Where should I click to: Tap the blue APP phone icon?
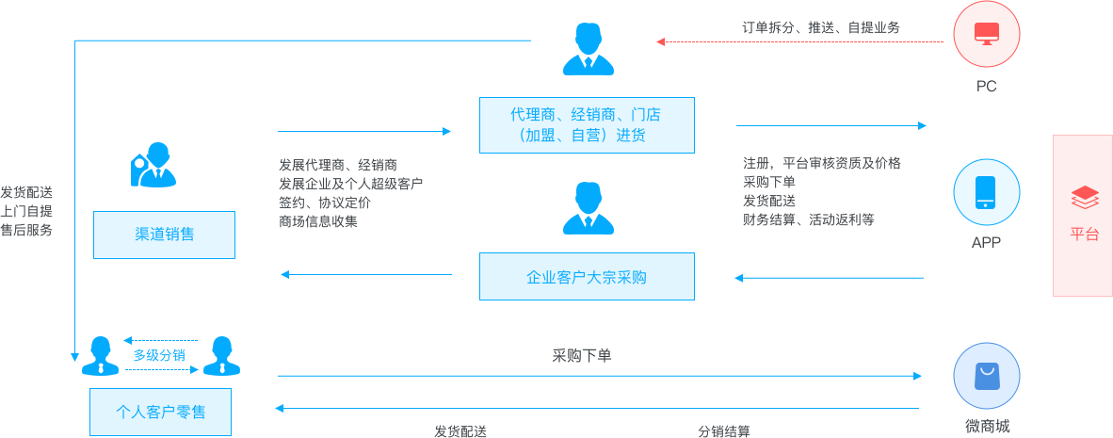coord(986,191)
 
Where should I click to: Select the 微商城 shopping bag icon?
coord(986,376)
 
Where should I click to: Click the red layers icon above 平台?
coord(1085,198)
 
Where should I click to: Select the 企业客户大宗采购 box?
coord(587,277)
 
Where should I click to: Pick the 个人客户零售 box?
coord(160,412)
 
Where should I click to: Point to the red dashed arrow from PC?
coord(799,41)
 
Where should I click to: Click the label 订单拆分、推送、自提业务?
coord(820,27)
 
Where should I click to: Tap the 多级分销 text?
coord(159,355)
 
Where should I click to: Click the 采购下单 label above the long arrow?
coord(582,356)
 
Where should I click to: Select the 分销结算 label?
coord(724,430)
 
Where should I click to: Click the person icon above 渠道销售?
coord(153,166)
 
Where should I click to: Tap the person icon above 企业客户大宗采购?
coord(588,209)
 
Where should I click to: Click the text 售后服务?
coord(26,229)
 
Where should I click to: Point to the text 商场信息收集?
coord(318,221)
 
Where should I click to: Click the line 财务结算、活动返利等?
coord(808,219)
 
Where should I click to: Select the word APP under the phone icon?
coord(986,242)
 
